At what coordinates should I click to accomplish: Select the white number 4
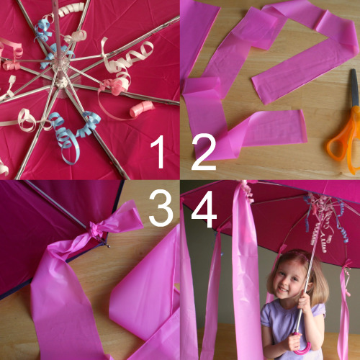click(204, 210)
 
